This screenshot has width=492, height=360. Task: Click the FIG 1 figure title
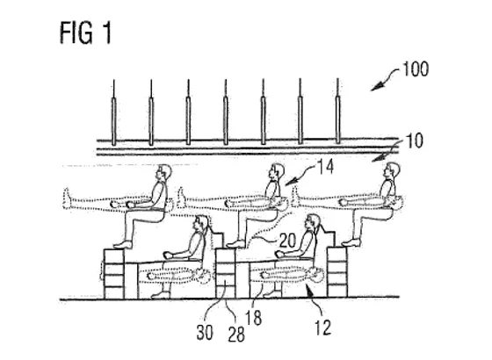pos(85,32)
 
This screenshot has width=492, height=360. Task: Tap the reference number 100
pos(416,69)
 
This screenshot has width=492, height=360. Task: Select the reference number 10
pos(414,140)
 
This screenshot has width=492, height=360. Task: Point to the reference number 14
pos(325,167)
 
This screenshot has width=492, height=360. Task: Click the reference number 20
pos(287,241)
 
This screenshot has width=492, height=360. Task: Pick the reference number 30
pos(205,333)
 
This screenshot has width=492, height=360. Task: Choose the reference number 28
pos(236,335)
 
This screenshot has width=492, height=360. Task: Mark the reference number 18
pos(253,318)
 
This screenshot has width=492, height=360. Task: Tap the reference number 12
pos(322,328)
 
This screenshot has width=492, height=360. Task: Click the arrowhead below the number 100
pos(378,86)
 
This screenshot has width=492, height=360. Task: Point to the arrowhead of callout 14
pos(291,181)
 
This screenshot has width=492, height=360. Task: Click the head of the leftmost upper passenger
pos(164,172)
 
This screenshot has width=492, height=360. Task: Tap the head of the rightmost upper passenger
pos(392,170)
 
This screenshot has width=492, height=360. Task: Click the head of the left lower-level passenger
pos(201,223)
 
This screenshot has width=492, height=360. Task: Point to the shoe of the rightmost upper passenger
pos(351,241)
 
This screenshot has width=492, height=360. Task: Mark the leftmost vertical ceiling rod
pos(114,112)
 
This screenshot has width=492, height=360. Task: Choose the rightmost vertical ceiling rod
pos(337,111)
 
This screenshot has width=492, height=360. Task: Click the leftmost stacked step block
pos(114,274)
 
